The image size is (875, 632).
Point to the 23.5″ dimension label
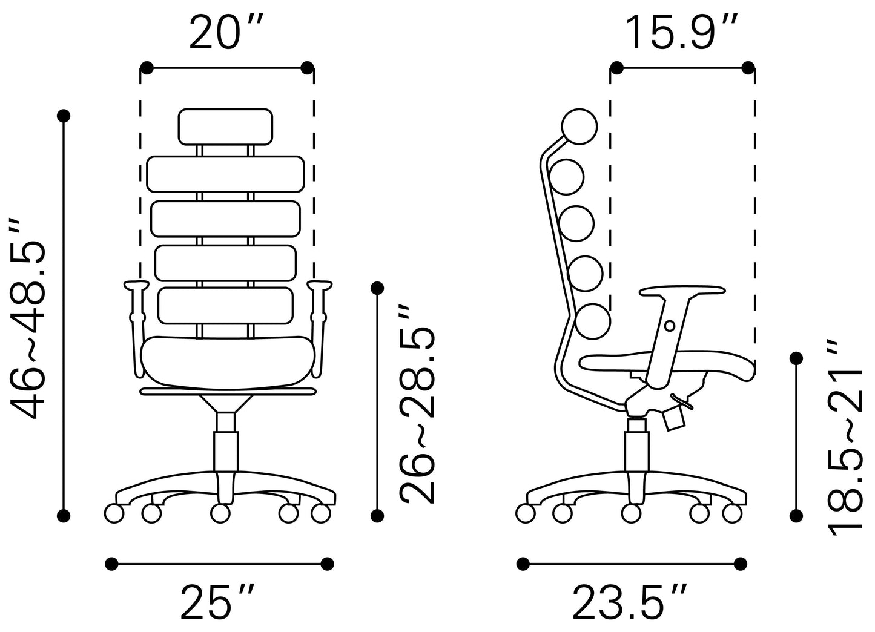click(630, 602)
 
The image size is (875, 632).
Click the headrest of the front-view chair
click(225, 127)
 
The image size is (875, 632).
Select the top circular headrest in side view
click(579, 127)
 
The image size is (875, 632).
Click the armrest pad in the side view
click(681, 291)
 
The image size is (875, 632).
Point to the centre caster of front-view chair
click(220, 513)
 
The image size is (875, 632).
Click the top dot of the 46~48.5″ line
click(64, 116)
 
